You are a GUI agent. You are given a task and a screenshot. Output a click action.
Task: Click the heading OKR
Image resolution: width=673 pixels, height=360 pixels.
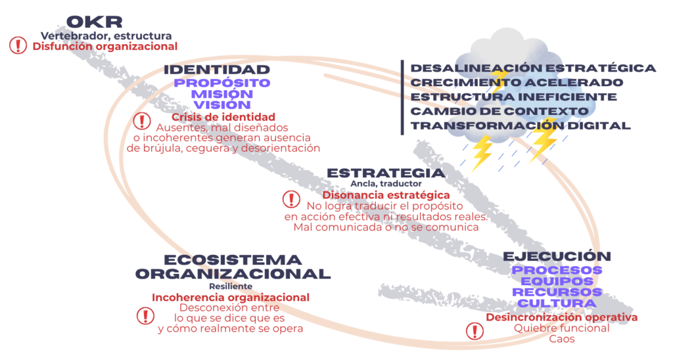(95, 22)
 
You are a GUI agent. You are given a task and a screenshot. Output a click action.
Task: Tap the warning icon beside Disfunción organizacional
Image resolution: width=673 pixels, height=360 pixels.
(18, 45)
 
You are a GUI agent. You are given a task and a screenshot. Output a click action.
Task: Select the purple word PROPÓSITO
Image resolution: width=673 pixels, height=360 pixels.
(222, 83)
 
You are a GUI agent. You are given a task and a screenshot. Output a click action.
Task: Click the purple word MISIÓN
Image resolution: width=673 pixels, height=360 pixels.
(222, 94)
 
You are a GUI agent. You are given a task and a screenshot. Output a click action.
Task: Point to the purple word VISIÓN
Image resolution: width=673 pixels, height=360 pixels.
(222, 104)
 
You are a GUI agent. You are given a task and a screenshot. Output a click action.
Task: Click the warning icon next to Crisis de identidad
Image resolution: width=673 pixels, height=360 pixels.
(142, 121)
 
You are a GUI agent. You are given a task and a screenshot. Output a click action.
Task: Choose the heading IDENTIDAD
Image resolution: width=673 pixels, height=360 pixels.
(217, 70)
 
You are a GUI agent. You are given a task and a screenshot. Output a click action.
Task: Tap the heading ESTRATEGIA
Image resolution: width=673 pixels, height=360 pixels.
(386, 173)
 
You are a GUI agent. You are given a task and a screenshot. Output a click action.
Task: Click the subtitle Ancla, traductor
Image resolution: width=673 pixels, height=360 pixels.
(386, 184)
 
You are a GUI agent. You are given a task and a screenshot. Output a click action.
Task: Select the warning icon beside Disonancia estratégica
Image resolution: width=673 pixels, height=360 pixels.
(291, 199)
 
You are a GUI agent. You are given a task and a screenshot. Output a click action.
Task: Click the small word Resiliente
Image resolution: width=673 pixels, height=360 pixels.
(231, 286)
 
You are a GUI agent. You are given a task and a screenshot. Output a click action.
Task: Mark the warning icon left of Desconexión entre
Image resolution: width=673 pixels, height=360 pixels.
(145, 316)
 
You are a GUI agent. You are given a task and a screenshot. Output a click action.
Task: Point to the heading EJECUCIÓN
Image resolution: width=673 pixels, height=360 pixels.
(557, 256)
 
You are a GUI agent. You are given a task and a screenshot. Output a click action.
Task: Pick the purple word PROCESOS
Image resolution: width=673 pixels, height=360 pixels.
(557, 270)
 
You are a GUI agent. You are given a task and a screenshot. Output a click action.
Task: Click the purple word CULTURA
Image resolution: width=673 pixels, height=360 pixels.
(557, 304)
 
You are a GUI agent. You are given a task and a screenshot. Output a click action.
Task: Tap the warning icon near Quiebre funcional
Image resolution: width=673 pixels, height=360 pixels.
(475, 331)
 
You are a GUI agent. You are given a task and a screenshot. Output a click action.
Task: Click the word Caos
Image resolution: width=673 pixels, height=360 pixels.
(562, 339)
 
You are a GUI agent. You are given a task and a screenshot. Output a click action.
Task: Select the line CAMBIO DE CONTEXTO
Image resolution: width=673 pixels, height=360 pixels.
(499, 111)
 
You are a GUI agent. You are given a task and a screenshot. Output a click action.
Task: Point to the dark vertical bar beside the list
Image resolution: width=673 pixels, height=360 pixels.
(402, 97)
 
